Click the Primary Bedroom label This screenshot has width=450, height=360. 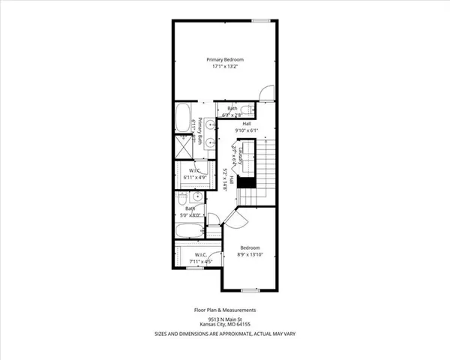(x=226, y=59)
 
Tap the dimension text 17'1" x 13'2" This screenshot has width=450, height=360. (x=226, y=67)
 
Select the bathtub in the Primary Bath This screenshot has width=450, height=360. (x=184, y=118)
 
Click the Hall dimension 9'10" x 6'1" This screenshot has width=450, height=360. (x=246, y=130)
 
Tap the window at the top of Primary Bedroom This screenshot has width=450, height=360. (x=261, y=20)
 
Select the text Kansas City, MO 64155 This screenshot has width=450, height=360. (x=226, y=325)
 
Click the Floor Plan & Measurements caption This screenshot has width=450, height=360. (x=226, y=310)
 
